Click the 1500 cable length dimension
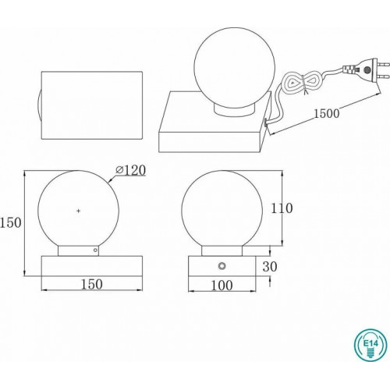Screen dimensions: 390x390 coord(327,114)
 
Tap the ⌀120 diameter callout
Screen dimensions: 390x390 coord(131,170)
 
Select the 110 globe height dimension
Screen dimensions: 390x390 coord(282,208)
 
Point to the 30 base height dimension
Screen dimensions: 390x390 coord(270,266)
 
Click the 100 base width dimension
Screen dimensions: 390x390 coord(222,285)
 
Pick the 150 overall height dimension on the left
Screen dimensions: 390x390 coord(11,223)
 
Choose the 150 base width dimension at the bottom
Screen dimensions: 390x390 coord(92,284)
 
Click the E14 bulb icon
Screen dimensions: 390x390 coord(370,345)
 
